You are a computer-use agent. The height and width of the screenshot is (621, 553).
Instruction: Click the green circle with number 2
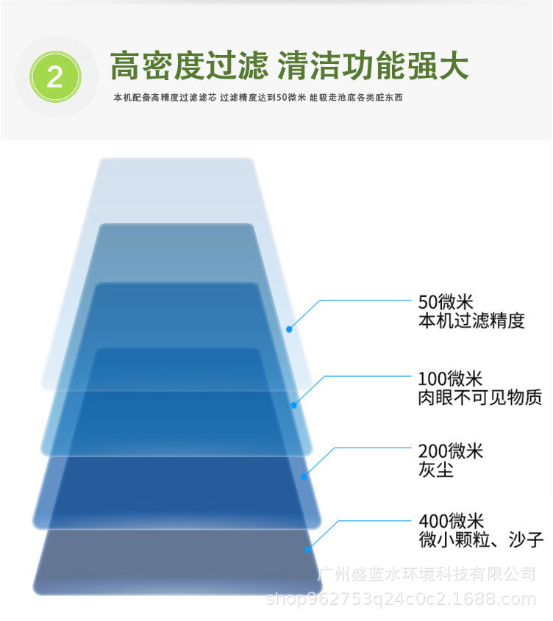tap(55, 76)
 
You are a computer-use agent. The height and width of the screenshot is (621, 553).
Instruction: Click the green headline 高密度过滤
tap(189, 65)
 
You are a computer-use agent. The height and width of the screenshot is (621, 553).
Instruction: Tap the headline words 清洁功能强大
tap(373, 65)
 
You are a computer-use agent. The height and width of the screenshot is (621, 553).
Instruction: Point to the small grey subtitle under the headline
tap(257, 98)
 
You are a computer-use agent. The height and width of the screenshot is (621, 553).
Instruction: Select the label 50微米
tap(446, 302)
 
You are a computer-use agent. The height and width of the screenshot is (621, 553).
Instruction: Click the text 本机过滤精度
tap(471, 320)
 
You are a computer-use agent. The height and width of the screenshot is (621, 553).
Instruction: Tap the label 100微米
tap(450, 379)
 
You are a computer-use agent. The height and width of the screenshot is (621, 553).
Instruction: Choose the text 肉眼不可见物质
tap(480, 398)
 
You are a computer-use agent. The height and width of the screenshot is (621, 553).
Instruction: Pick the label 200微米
tap(451, 451)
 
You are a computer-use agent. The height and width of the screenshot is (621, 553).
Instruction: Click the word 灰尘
tap(435, 470)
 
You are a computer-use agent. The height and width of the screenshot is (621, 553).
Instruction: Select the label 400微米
tap(451, 521)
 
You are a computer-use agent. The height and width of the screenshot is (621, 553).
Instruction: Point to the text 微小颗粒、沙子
tap(481, 539)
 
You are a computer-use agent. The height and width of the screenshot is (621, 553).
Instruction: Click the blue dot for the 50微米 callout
tap(290, 329)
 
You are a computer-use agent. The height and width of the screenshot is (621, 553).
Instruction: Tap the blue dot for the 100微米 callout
tap(293, 405)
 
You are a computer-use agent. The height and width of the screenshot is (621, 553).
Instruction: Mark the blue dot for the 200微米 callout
tap(304, 477)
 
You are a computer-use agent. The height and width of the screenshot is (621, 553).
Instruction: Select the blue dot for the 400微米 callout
tap(307, 550)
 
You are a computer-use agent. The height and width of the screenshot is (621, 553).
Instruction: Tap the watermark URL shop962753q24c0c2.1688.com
tap(402, 599)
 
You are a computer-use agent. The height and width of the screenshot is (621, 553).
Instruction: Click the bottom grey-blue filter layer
tap(177, 562)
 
